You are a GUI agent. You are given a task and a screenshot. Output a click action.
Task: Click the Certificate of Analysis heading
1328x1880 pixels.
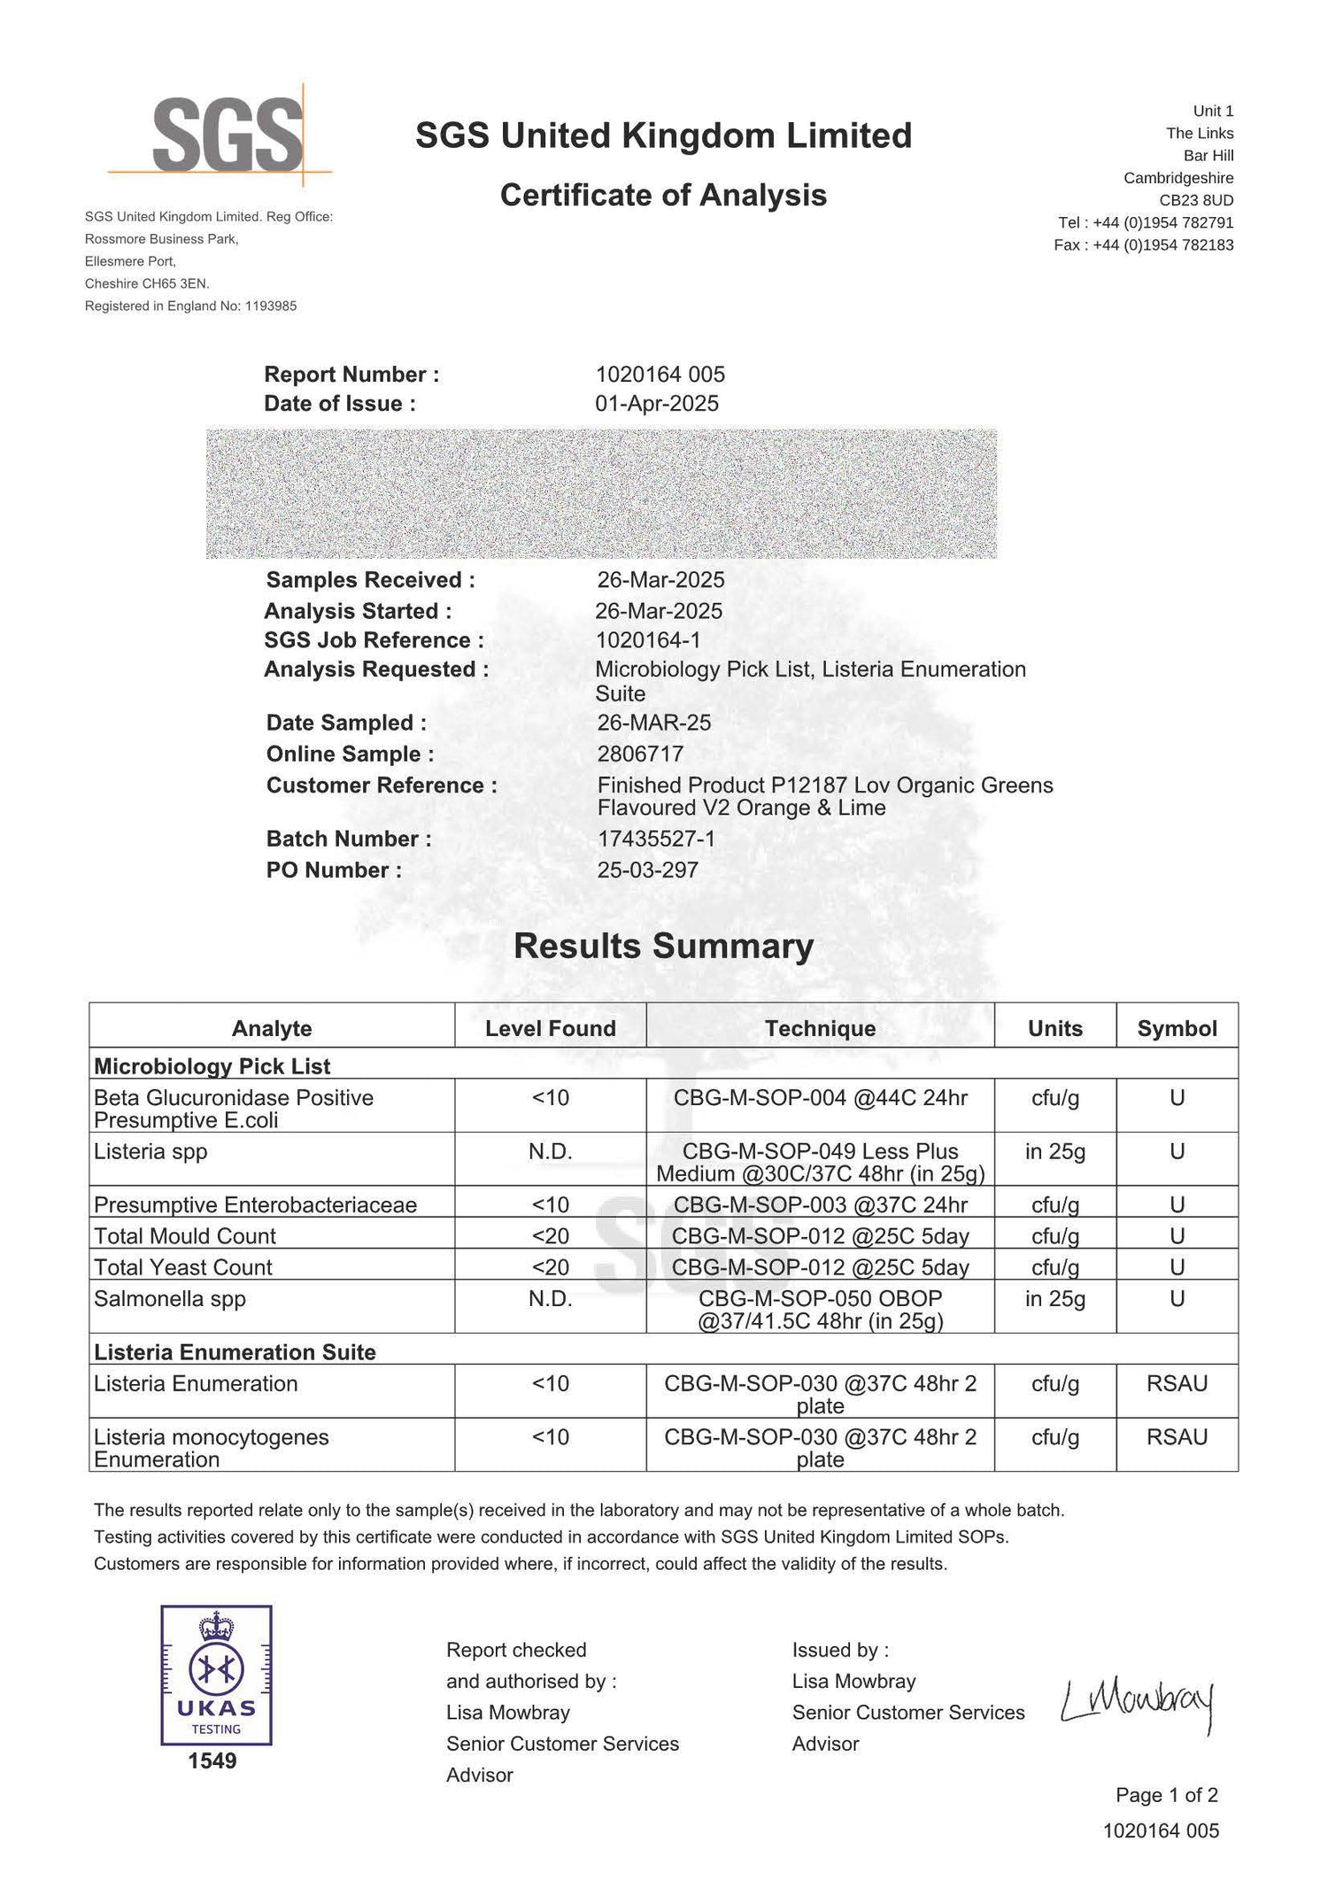pyautogui.click(x=663, y=195)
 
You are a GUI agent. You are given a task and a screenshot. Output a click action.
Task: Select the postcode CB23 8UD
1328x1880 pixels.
pyautogui.click(x=1196, y=200)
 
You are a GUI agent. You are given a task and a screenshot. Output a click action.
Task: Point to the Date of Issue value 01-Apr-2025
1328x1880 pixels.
pyautogui.click(x=656, y=404)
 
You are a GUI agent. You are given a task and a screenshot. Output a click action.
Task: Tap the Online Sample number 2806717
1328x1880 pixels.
pyautogui.click(x=640, y=754)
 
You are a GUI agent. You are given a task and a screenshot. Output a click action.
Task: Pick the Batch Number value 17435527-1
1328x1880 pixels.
pyautogui.click(x=656, y=839)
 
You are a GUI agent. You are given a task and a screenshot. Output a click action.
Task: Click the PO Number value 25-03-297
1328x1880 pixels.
pyautogui.click(x=647, y=870)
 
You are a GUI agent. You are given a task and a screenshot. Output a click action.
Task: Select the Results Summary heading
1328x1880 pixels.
pyautogui.click(x=663, y=946)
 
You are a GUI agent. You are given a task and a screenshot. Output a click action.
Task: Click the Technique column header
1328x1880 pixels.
pyautogui.click(x=820, y=1028)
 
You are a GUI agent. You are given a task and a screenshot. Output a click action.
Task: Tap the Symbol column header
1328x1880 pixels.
pyautogui.click(x=1177, y=1028)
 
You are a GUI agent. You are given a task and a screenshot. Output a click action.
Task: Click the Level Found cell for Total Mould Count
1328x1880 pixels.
pyautogui.click(x=550, y=1235)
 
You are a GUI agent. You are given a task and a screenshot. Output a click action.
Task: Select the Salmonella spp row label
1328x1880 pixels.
pyautogui.click(x=170, y=1298)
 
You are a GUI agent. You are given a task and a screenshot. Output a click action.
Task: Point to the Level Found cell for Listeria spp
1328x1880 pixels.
pyautogui.click(x=550, y=1151)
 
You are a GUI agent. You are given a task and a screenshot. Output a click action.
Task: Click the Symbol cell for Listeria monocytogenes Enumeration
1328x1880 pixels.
pyautogui.click(x=1177, y=1436)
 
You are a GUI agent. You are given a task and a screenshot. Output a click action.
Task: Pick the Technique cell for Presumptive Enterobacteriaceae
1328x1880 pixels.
pyautogui.click(x=820, y=1204)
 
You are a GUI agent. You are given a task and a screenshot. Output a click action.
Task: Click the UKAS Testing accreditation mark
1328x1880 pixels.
pyautogui.click(x=216, y=1676)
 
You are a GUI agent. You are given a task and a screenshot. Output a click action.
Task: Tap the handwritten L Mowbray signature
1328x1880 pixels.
pyautogui.click(x=1138, y=1701)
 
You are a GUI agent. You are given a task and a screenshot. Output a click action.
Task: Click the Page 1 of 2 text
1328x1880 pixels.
pyautogui.click(x=1166, y=1794)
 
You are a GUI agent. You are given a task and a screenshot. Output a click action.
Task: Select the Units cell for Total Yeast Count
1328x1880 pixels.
pyautogui.click(x=1054, y=1267)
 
